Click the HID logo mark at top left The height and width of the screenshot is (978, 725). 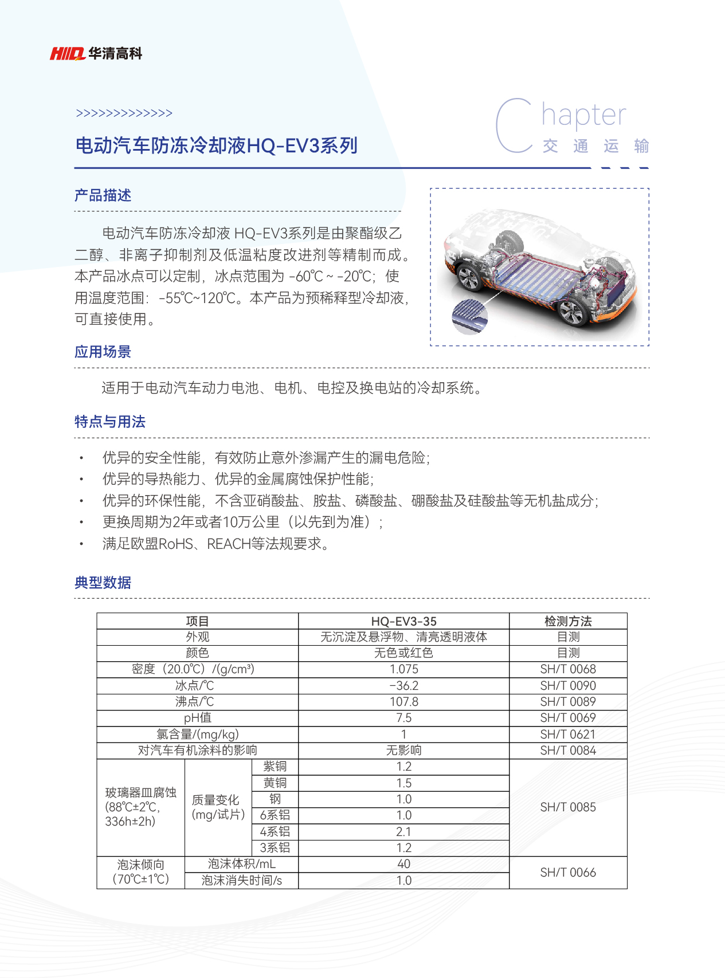pos(67,54)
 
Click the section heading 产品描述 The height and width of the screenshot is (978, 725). pos(103,195)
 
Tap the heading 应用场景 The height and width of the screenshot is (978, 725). pos(103,352)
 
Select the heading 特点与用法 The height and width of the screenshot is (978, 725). pos(109,422)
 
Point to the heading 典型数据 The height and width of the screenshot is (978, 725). pos(103,583)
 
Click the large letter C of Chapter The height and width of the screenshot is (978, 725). pos(514,126)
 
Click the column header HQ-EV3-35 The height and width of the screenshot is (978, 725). pos(403,621)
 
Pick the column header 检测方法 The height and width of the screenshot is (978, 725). pos(568,621)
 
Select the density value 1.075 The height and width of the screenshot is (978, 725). pos(403,669)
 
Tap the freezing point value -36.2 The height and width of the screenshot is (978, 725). pos(403,686)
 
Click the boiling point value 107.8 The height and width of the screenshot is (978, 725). pos(403,702)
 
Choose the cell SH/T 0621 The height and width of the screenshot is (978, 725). pos(568,735)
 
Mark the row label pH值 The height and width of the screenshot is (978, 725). pos(197,718)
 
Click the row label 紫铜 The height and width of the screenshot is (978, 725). pos(275,767)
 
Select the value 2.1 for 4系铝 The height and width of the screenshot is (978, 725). pos(403,832)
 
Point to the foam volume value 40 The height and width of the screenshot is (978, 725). pos(403,864)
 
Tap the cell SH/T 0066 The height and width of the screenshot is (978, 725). pos(568,873)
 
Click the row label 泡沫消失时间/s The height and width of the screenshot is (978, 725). pos(241,881)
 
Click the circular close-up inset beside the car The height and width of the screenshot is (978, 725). pos(469,316)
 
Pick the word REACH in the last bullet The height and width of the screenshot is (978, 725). pos(229,544)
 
